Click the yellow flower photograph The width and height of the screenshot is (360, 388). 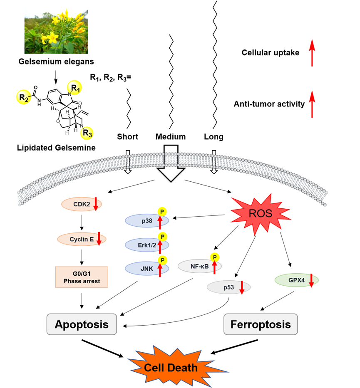point(56,31)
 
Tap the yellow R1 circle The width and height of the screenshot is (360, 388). point(74,88)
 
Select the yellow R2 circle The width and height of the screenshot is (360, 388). point(23,97)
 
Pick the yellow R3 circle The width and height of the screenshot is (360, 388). point(87,133)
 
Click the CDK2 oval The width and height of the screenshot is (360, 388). point(79,204)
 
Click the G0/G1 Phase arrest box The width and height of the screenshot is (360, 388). point(82,277)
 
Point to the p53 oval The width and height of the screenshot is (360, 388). point(227,287)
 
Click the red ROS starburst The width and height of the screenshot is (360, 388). point(261,214)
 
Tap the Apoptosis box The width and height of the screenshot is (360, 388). point(82,324)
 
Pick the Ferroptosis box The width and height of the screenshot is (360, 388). point(261,324)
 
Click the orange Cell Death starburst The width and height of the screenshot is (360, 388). point(171,368)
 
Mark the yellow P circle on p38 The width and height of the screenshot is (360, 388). point(162,212)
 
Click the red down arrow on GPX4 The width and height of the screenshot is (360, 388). point(311,281)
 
